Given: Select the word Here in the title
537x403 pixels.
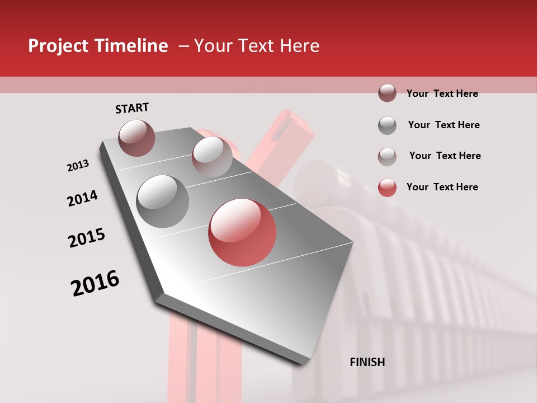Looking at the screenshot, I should click(299, 46).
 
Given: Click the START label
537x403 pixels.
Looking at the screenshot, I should click(132, 108).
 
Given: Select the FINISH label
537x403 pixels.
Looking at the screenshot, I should click(368, 362).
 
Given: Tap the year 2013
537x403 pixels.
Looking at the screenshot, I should click(78, 166).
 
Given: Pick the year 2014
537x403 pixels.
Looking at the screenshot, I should click(82, 198).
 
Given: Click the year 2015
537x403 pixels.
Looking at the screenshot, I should click(87, 238).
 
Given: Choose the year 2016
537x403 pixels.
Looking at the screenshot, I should click(95, 283).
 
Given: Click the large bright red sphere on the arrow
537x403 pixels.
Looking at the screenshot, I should click(242, 232).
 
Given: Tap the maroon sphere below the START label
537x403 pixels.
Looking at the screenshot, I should click(136, 138).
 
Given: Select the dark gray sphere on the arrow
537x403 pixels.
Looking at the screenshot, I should click(163, 201).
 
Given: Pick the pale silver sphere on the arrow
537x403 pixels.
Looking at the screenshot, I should click(212, 156).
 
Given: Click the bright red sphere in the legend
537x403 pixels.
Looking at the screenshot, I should click(387, 188).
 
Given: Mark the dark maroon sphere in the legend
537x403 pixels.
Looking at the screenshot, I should click(387, 93).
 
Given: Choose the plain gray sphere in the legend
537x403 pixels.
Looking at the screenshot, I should click(387, 125).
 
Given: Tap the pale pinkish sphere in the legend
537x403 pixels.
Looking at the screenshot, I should click(387, 157).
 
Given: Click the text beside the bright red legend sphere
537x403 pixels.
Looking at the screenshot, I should click(442, 187).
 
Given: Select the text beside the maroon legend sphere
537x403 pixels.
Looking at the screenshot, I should click(442, 93).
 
